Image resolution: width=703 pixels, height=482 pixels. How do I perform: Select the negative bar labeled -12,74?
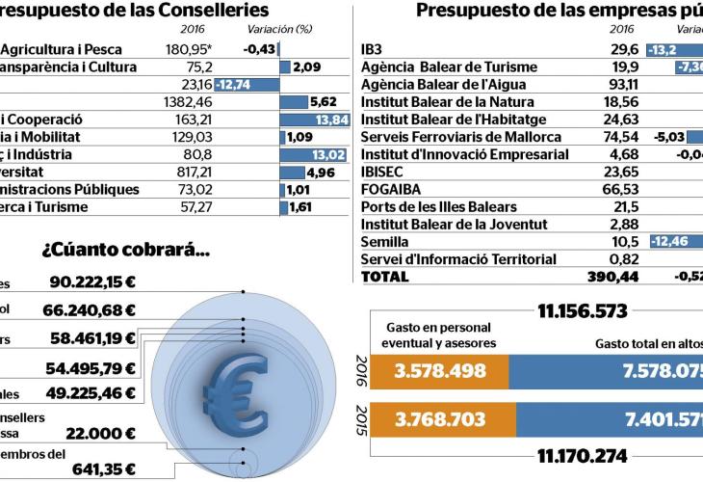pos(247,84)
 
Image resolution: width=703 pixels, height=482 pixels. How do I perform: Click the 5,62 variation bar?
pos(306,101)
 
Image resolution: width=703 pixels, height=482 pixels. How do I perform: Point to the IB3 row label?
pos(373,49)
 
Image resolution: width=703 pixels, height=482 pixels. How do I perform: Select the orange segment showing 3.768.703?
pos(437,420)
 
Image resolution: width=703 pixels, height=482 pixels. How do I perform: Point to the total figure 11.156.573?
pos(577,310)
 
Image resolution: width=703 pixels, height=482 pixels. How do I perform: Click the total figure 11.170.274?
pos(577,455)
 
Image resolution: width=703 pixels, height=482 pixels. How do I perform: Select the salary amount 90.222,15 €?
pos(93,283)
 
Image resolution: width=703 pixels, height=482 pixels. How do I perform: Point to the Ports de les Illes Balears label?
pos(438,206)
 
